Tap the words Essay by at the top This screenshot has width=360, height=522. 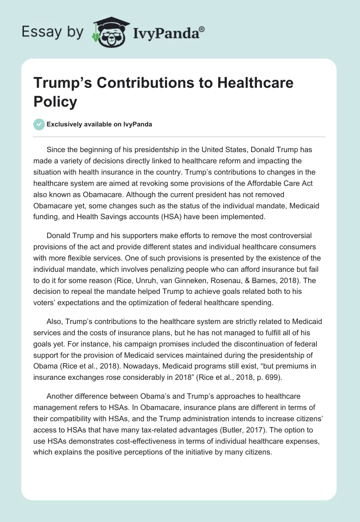[52, 32]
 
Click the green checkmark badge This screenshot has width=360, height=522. [39, 124]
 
